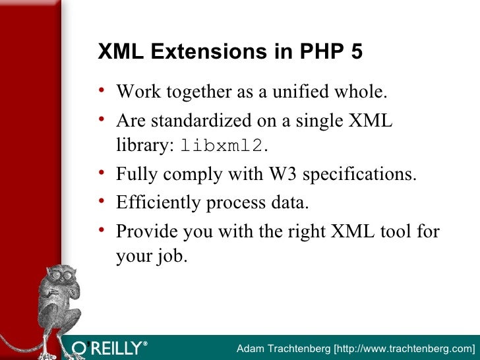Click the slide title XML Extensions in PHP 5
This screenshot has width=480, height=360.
coord(230,53)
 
